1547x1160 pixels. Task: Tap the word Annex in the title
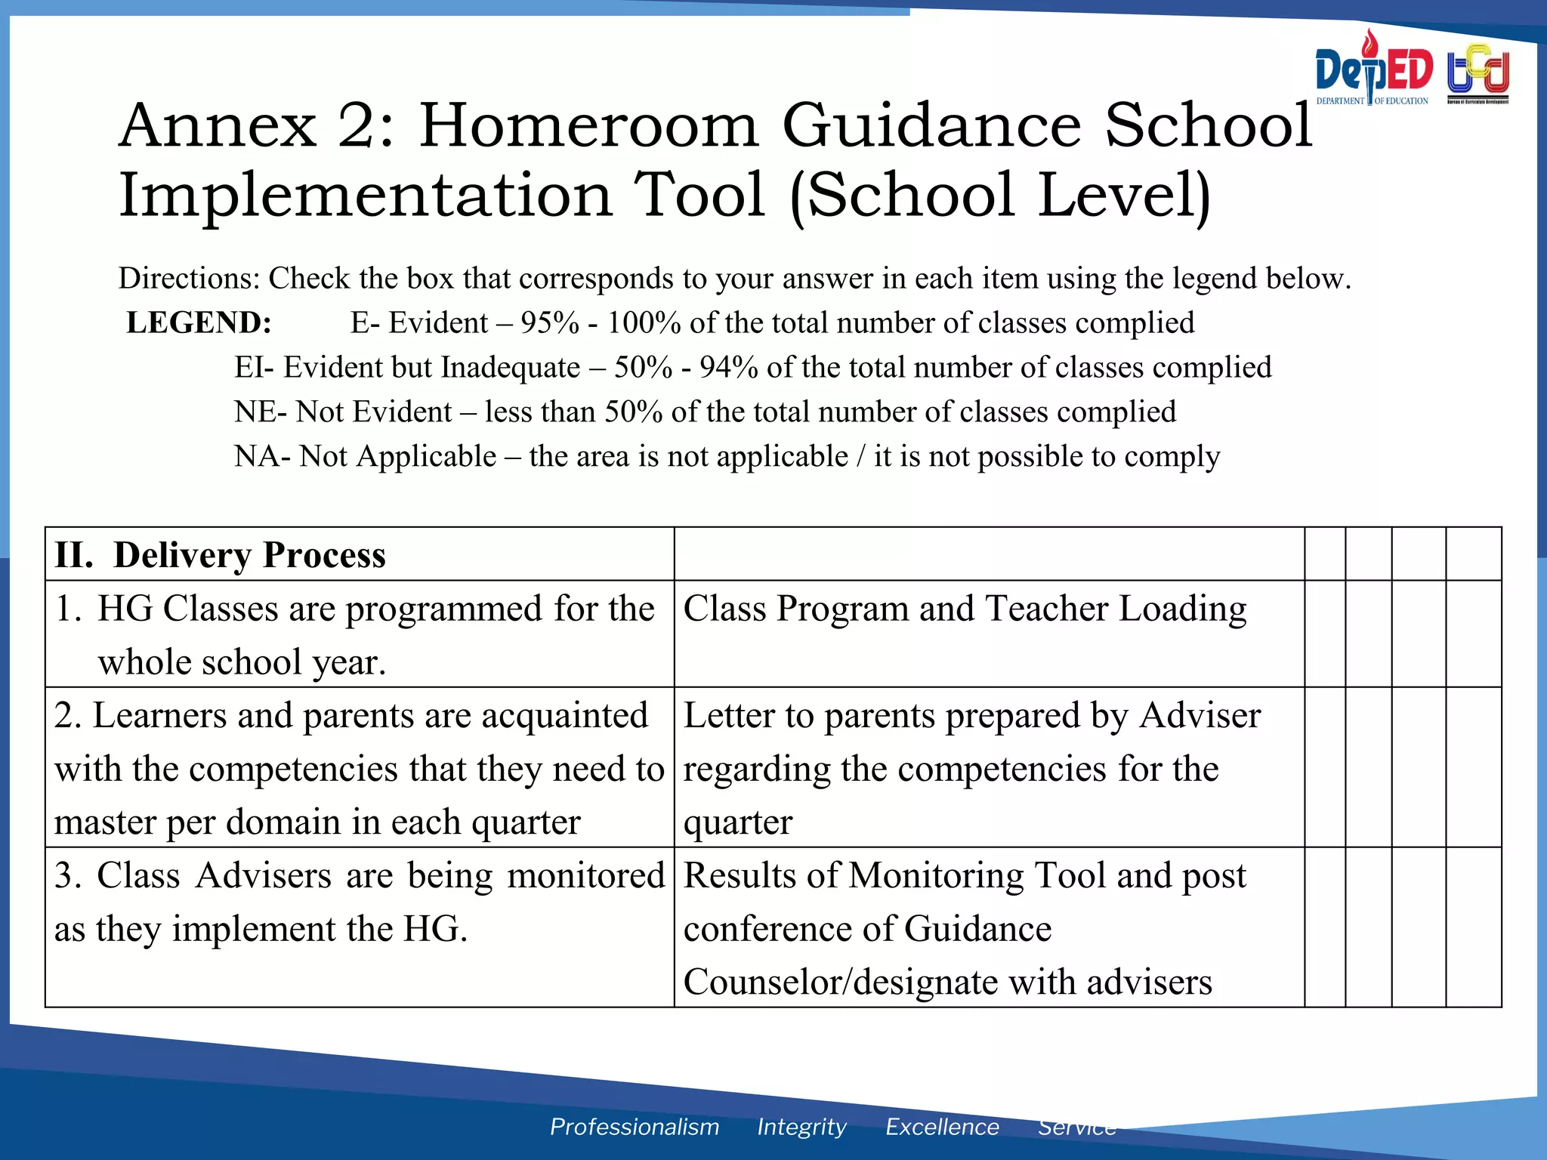click(218, 126)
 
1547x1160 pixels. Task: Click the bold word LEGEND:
click(199, 323)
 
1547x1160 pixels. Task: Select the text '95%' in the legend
click(549, 323)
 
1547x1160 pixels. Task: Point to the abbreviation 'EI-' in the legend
click(254, 368)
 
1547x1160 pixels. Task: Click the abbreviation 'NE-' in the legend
click(260, 412)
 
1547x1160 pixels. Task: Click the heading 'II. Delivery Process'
click(220, 555)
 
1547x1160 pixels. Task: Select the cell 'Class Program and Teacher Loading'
click(965, 609)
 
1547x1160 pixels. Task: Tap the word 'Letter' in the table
click(728, 716)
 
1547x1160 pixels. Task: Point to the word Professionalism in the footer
click(634, 1127)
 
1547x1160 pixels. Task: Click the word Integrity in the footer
click(801, 1127)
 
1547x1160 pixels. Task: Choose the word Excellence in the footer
click(942, 1127)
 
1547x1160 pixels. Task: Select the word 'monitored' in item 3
click(585, 876)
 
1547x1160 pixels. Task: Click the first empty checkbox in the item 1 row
click(1325, 634)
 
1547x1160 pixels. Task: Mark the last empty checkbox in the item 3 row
click(1473, 927)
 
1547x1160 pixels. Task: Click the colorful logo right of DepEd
click(1478, 74)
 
